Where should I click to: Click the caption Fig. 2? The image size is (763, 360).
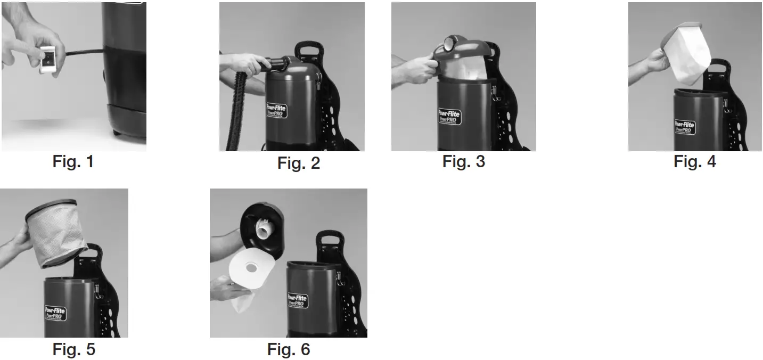(299, 163)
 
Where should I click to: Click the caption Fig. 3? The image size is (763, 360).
(464, 161)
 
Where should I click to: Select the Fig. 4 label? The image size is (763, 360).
(695, 161)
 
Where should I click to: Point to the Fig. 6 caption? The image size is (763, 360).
(289, 349)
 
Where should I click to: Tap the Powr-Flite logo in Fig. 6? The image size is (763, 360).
(298, 300)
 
